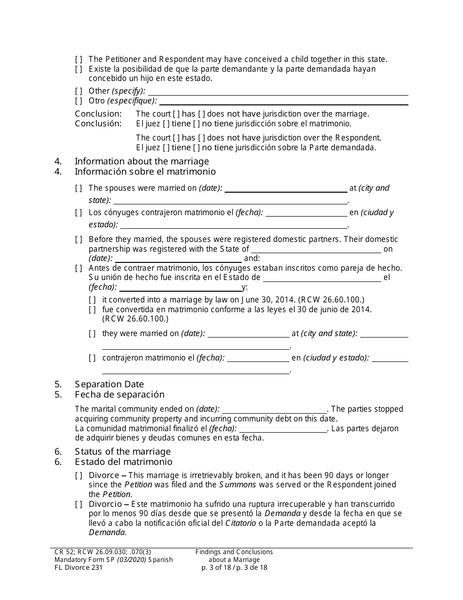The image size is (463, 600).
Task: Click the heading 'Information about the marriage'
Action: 141,161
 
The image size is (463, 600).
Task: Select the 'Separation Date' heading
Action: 109,384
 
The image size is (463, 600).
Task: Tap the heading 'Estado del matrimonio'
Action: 123,462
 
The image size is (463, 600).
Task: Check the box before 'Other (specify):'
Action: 79,91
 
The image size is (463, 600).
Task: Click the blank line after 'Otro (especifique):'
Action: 284,101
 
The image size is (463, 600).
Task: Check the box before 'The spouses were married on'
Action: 79,188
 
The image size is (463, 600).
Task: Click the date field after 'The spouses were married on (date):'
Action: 286,188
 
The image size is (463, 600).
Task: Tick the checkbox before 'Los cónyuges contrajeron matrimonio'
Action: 79,213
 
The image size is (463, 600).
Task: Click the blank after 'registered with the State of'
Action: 316,249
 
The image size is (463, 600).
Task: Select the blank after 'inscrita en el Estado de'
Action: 322,278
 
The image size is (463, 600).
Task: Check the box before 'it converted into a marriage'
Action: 93,300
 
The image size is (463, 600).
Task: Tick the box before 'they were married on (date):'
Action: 93,334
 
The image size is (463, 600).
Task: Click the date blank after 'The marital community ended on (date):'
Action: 274,409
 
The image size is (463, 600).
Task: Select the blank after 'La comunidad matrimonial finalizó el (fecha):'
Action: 282,429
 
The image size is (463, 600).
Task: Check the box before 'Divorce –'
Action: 79,476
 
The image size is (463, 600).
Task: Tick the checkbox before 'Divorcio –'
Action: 79,504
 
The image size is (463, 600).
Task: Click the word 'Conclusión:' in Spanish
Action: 98,124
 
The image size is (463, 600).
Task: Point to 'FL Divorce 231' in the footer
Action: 78,568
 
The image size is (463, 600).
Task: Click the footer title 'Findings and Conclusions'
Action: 234,552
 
